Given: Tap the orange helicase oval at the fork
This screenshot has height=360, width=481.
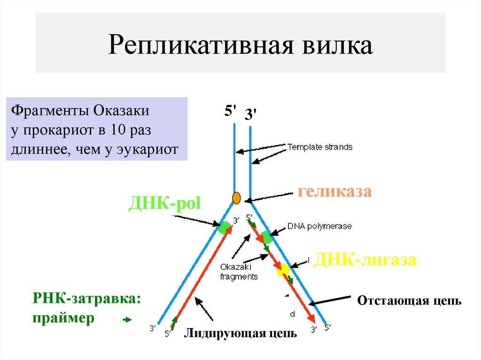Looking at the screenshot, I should (236, 198).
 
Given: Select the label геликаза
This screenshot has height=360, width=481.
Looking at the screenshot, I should (334, 191).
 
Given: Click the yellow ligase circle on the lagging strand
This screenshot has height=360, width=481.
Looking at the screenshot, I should (283, 269).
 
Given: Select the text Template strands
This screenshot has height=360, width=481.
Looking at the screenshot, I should (319, 147).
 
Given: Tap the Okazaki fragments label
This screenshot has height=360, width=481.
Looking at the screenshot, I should (239, 272).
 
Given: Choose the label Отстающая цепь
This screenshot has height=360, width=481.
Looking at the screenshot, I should (409, 301).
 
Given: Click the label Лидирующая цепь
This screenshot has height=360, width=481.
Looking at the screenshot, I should (240, 333).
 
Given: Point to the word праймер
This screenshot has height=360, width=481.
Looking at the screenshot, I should (63, 318).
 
